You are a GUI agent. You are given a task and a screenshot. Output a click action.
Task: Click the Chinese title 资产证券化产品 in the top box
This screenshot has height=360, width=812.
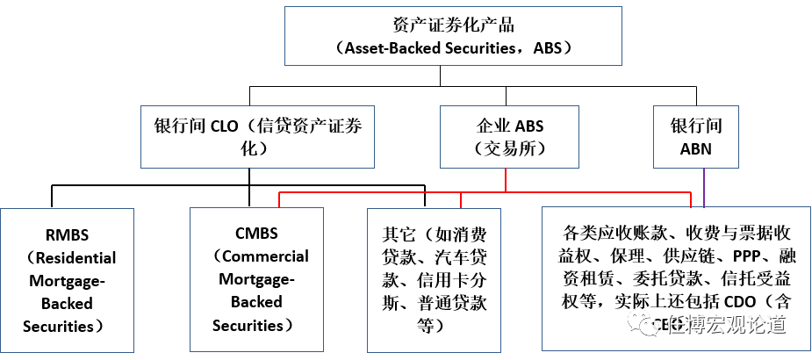click(441, 24)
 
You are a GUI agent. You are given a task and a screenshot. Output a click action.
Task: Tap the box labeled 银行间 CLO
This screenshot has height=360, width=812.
click(251, 136)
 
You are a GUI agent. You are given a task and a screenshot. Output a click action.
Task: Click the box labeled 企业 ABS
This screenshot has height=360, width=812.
click(509, 136)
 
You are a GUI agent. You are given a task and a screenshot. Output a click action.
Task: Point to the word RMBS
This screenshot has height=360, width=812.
click(67, 235)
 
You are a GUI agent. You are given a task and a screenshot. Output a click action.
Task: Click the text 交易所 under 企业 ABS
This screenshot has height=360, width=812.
click(509, 148)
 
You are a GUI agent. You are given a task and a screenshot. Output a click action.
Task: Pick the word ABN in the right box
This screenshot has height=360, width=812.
click(696, 148)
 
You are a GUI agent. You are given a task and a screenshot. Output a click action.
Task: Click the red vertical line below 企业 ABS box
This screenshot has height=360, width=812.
click(507, 179)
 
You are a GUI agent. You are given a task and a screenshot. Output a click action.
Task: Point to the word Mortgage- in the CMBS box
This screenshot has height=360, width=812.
click(255, 279)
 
